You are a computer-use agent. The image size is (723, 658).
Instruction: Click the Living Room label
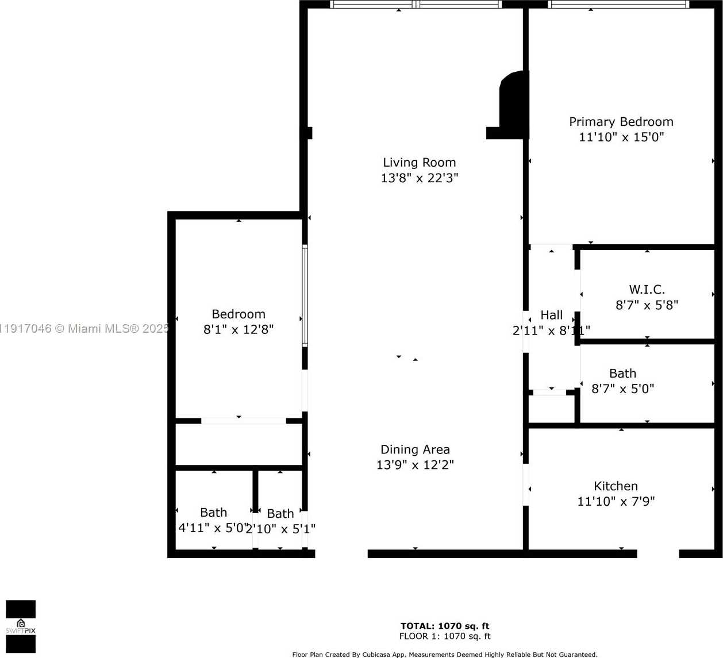click(419, 163)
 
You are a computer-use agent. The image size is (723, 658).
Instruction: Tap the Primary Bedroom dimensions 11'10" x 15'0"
click(621, 137)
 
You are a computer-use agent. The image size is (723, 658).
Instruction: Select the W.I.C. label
click(647, 290)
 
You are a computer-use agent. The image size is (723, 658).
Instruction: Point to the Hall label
click(551, 315)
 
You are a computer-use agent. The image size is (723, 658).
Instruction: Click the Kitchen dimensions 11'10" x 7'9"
click(616, 501)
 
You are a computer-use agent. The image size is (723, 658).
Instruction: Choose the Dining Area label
click(415, 449)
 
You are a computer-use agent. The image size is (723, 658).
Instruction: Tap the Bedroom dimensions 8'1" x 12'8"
click(239, 329)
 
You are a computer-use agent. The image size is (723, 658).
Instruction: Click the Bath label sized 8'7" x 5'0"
click(622, 374)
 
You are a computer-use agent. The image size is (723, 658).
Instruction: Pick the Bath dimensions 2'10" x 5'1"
click(280, 529)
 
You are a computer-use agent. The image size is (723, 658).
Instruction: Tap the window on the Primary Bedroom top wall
click(618, 5)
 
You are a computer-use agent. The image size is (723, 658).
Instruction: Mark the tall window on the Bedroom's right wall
click(305, 295)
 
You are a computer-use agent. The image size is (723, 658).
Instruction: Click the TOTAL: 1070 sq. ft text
click(445, 626)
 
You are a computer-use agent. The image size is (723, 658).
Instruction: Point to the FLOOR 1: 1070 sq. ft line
click(445, 636)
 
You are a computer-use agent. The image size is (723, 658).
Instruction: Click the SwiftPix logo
click(21, 626)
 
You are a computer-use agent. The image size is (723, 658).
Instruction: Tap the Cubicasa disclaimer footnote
click(444, 654)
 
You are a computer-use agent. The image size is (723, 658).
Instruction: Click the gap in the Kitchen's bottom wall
click(658, 554)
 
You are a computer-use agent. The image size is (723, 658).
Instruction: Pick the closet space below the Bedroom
click(239, 444)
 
